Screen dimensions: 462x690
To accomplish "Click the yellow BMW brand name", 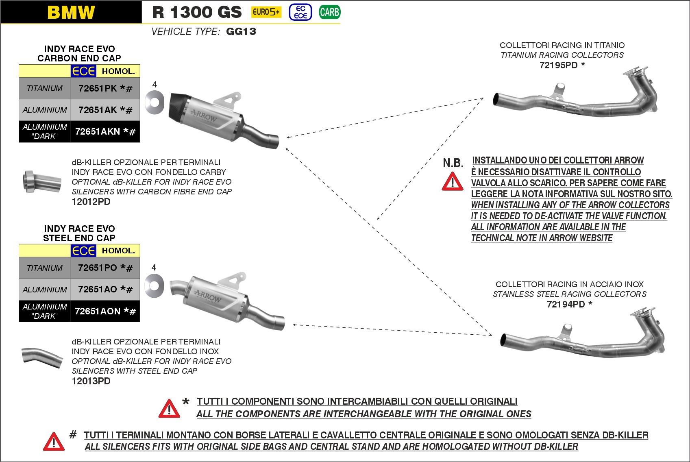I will pyautogui.click(x=71, y=12).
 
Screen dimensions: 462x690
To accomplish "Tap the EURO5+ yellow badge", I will pyautogui.click(x=266, y=12).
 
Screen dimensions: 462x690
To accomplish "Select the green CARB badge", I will pyautogui.click(x=329, y=12).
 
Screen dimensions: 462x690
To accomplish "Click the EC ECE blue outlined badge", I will pyautogui.click(x=300, y=12).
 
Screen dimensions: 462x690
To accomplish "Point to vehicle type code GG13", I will pyautogui.click(x=241, y=32).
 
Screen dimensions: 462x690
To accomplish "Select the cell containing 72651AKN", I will pyautogui.click(x=105, y=131).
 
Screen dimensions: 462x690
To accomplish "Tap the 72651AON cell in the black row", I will pyautogui.click(x=105, y=311).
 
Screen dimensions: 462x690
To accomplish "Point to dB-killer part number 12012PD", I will pyautogui.click(x=91, y=202).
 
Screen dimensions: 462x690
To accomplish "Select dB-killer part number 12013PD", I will pyautogui.click(x=91, y=381).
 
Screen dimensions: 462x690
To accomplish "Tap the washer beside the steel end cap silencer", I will pyautogui.click(x=154, y=285).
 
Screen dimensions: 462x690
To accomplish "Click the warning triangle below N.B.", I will pyautogui.click(x=453, y=182).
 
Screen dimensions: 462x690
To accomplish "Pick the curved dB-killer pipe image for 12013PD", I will pyautogui.click(x=42, y=357).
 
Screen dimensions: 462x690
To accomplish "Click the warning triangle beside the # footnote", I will pyautogui.click(x=54, y=442).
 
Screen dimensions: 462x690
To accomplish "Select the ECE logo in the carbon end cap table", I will pyautogui.click(x=84, y=71).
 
